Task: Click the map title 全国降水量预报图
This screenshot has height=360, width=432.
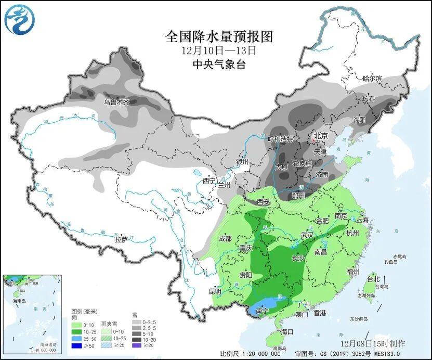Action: click(x=219, y=37)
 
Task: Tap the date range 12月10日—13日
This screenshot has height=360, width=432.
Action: click(x=219, y=51)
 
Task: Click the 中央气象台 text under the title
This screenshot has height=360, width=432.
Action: click(x=219, y=65)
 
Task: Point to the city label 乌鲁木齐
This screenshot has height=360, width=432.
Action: click(x=116, y=102)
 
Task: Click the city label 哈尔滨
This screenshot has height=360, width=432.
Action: click(x=372, y=78)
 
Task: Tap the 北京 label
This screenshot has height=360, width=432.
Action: click(x=320, y=136)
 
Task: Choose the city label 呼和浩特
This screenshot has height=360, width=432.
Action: click(x=280, y=139)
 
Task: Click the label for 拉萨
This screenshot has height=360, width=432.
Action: click(x=121, y=240)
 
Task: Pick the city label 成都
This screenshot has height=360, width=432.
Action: click(x=225, y=239)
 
